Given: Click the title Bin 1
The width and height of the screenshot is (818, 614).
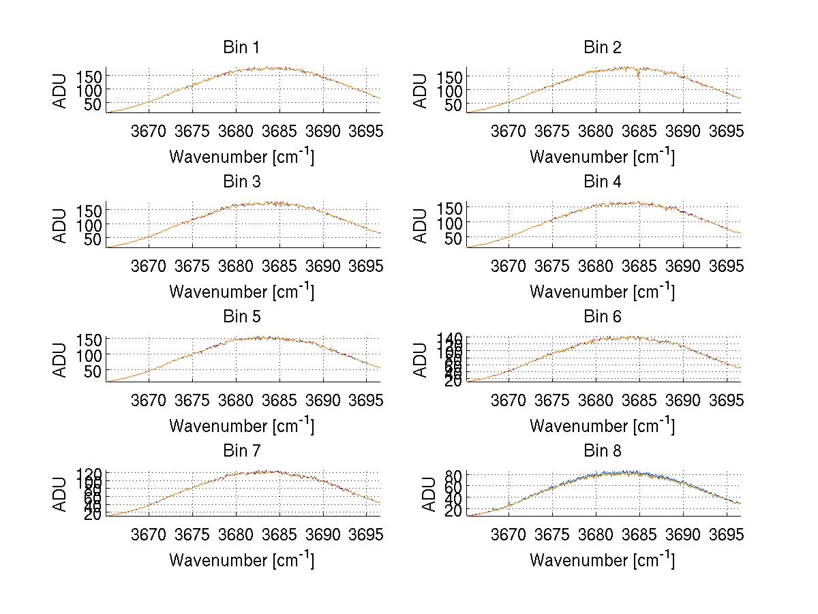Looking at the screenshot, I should click(241, 48).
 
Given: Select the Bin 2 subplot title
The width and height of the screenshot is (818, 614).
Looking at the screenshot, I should click(603, 48).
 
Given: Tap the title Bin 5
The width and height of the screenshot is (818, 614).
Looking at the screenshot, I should click(241, 317).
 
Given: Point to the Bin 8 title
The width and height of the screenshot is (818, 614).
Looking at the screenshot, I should click(603, 451).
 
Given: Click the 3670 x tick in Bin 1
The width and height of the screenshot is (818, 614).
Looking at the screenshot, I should click(148, 131).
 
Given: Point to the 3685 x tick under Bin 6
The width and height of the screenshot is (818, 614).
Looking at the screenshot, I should click(639, 400).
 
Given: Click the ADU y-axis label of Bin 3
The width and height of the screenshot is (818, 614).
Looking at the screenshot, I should click(61, 225).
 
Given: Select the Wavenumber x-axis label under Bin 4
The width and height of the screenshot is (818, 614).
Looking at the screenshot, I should click(602, 291).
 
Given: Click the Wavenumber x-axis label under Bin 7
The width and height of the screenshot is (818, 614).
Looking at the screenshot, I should click(241, 559).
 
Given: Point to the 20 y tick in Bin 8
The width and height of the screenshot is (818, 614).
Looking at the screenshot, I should click(456, 511).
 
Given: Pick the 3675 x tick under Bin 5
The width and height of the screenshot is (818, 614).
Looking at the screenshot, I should click(192, 400).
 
